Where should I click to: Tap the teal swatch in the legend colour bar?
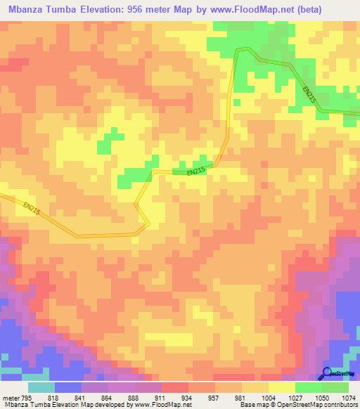(x=41, y=387)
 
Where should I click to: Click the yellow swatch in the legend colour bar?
(x=282, y=387)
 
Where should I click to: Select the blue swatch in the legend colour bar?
(x=68, y=387)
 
